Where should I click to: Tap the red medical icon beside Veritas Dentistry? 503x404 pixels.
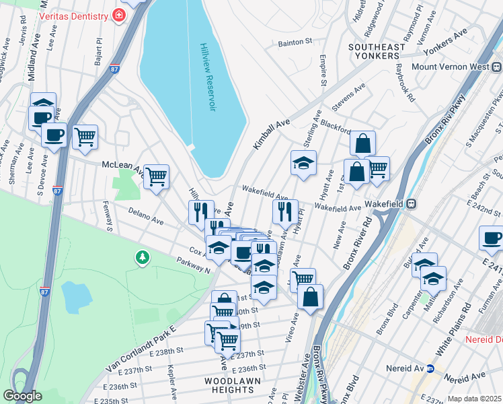[x=119, y=14]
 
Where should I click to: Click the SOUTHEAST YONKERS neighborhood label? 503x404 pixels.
[x=377, y=51]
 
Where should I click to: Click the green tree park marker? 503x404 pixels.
[x=142, y=257]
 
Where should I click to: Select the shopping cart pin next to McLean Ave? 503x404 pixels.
[x=156, y=177]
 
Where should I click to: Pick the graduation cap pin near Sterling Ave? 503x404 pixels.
[x=303, y=162]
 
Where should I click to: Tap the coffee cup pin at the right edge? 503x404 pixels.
[x=492, y=238]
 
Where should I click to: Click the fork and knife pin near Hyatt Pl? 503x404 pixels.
[x=285, y=211]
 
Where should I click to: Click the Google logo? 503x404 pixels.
[x=22, y=396]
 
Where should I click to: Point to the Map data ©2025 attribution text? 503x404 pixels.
[x=474, y=399]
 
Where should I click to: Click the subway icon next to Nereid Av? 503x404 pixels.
[x=430, y=368]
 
